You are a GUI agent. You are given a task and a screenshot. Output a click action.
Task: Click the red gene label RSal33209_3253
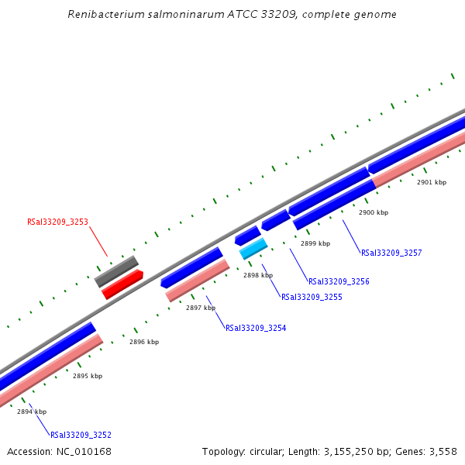pos(57,222)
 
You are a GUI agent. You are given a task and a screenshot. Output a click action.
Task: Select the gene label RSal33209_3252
pos(81,435)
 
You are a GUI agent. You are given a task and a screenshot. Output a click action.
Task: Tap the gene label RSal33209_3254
pos(256,328)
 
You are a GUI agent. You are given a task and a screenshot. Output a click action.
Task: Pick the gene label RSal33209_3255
pos(312,297)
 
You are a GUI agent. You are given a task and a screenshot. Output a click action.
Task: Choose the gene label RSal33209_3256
pos(339,281)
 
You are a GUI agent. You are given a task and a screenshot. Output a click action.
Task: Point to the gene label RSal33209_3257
pos(391,253)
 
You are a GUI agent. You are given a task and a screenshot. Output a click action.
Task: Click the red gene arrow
pos(122,284)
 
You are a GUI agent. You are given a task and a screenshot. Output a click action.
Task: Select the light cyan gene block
pos(253,248)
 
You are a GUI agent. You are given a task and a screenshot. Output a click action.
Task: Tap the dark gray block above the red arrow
pos(116,270)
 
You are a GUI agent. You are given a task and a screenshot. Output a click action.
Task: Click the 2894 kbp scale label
pos(32,412)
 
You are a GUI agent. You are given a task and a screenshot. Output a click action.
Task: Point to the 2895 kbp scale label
pos(88,376)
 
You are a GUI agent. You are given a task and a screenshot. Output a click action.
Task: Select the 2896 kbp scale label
pos(144,342)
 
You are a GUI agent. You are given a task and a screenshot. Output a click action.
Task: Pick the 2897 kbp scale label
pos(201,308)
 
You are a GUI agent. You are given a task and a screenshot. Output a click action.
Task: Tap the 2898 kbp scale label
pos(258,275)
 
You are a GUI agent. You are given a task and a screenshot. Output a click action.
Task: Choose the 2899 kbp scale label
pos(315,243)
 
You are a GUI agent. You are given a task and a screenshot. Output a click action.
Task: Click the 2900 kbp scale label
pos(374,212)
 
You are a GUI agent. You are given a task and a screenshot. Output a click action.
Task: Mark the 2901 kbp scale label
pos(432,182)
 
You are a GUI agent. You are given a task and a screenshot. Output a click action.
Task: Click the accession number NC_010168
pos(86,451)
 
